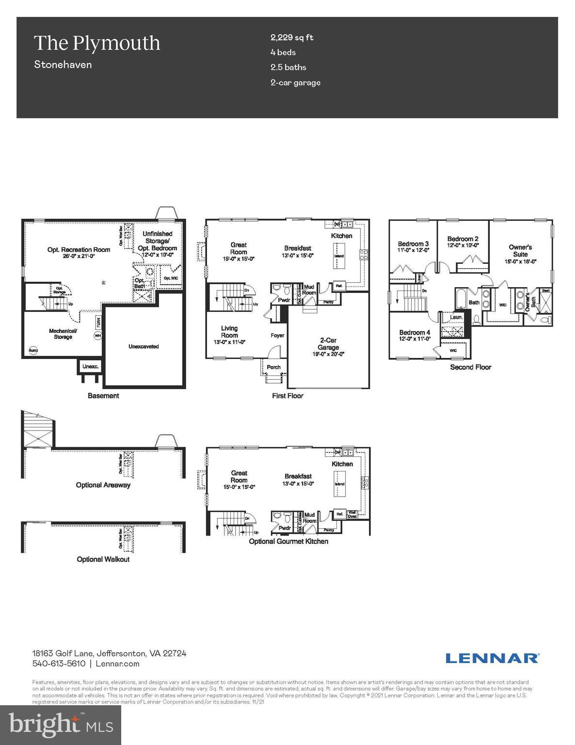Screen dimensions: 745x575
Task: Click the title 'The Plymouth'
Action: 96,43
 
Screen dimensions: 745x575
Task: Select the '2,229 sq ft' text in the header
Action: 292,37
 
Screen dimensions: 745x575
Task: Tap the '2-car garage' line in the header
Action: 295,82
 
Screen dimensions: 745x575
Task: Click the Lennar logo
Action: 492,658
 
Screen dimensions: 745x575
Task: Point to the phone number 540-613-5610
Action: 59,664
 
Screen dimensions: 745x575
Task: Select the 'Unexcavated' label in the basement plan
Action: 144,346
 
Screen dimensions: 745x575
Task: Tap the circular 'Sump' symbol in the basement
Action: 33,350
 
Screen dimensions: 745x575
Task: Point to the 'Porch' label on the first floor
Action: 274,367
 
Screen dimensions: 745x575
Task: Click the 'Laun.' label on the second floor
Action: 456,317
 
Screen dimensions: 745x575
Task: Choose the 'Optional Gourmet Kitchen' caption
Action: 288,541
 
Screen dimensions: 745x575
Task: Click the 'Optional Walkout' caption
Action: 103,559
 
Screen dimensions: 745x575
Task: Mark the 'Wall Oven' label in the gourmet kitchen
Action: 352,514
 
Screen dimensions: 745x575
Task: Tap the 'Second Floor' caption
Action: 470,367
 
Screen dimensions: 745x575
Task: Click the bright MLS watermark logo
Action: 61,725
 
